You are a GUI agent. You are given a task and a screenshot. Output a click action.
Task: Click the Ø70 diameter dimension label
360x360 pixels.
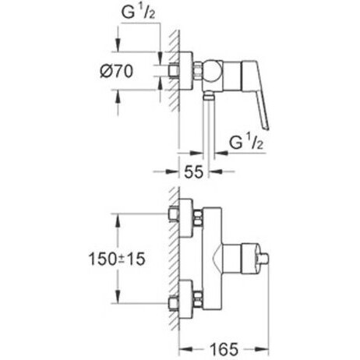pyautogui.click(x=116, y=71)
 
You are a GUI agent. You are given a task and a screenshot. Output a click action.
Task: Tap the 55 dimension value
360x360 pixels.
pyautogui.click(x=193, y=171)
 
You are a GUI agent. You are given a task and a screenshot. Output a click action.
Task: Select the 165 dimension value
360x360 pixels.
pyautogui.click(x=224, y=349)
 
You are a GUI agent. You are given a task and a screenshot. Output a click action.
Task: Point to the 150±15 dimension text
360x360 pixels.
pyautogui.click(x=117, y=259)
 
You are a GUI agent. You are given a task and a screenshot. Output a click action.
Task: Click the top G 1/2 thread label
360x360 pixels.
pyautogui.click(x=138, y=12)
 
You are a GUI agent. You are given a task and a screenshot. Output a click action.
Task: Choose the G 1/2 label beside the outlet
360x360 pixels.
pyautogui.click(x=246, y=143)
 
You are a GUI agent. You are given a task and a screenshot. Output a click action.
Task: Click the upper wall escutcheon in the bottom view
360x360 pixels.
pyautogui.click(x=186, y=218)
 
